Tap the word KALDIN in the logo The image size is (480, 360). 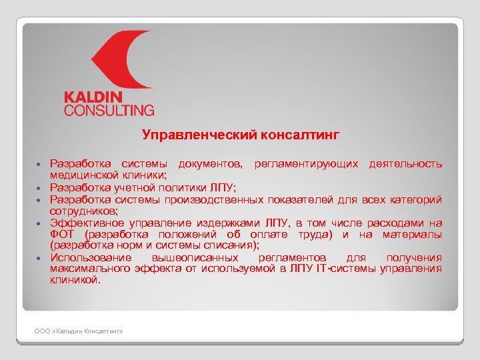[97, 97]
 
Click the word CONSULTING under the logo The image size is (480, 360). [109, 110]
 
